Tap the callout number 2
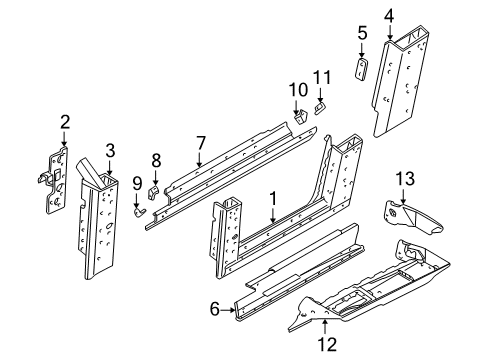tap(64, 124)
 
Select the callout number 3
tap(111, 151)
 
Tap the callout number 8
tap(155, 159)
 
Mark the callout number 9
tap(136, 182)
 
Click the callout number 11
tap(322, 78)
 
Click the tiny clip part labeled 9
tap(140, 210)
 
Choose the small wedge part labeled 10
tap(299, 117)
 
